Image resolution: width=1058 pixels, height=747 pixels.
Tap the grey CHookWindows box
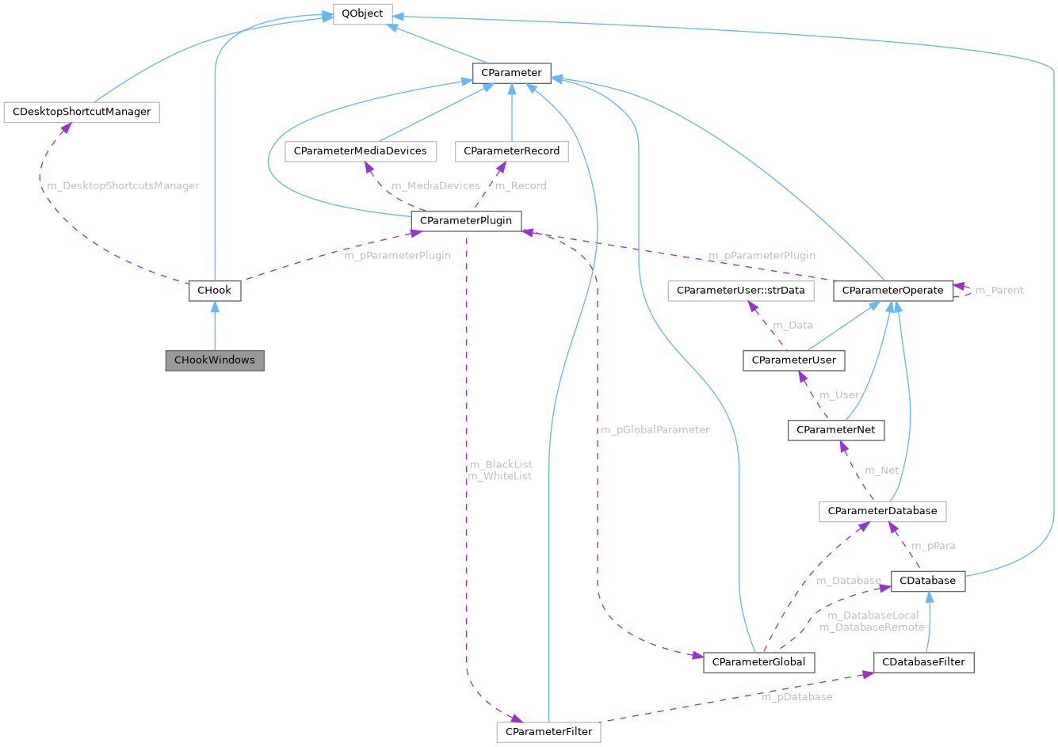[215, 360]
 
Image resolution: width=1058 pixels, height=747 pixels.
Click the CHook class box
[215, 291]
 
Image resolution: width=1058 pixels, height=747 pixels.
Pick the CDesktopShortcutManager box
[82, 112]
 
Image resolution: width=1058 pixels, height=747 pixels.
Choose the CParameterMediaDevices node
[360, 151]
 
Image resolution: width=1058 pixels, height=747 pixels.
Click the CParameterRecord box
[512, 151]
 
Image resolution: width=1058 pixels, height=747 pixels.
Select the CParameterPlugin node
[466, 220]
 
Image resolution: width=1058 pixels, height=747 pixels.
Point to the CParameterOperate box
[892, 291]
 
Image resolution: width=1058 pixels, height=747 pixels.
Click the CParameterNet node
[836, 430]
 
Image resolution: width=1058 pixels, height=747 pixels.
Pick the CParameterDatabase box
[882, 511]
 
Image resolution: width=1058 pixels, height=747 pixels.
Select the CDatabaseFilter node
[923, 661]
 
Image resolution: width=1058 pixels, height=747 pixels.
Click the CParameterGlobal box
[758, 661]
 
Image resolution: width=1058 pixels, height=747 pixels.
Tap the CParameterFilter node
[548, 731]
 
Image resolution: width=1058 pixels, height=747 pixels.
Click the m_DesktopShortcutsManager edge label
[123, 185]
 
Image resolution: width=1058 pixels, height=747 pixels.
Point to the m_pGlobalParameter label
[655, 429]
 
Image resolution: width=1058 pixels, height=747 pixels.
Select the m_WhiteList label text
[500, 476]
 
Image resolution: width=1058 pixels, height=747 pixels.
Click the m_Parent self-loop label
[999, 291]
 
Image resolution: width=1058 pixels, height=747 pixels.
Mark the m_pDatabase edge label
[796, 697]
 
